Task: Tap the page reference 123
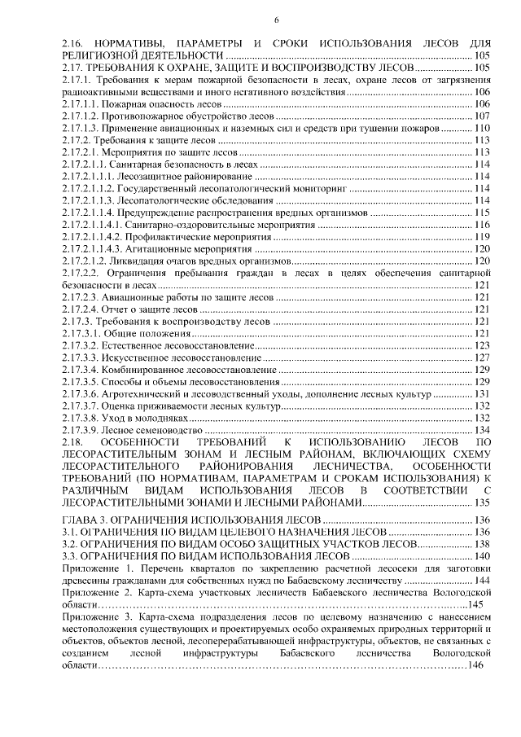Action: click(x=481, y=346)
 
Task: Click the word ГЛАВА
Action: click(x=82, y=520)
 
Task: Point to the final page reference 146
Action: click(x=473, y=665)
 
